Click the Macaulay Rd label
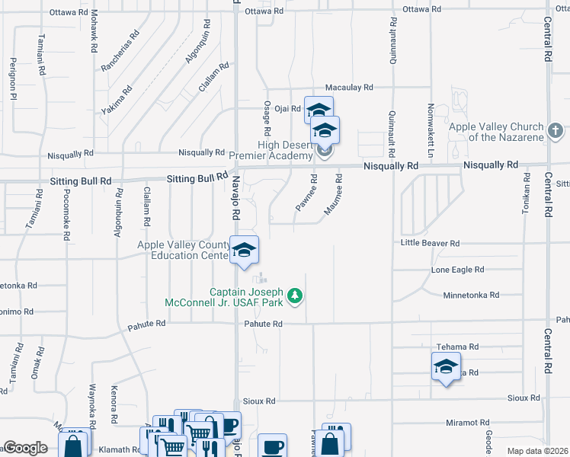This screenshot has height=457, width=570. coord(349,88)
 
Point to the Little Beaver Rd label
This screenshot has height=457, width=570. coord(431,243)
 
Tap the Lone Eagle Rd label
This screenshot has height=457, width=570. coord(457,270)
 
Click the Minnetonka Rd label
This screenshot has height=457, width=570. coord(471,295)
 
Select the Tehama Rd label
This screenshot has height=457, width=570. coord(457,347)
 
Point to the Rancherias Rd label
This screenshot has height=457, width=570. coord(120,52)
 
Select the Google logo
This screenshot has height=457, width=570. coord(25,448)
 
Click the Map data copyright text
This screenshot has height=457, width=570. coord(537,451)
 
